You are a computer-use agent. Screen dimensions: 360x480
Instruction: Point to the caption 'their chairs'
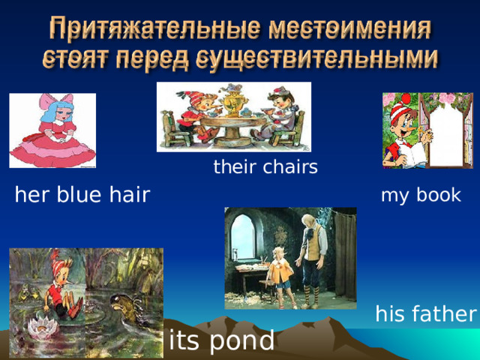[x=265, y=167]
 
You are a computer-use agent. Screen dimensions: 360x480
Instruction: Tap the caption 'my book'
[x=421, y=196]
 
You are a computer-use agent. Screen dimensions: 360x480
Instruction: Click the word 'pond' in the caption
[x=241, y=341]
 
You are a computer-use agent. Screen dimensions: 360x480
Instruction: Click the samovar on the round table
[x=228, y=105]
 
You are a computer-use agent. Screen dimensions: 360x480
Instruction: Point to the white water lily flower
[x=37, y=325]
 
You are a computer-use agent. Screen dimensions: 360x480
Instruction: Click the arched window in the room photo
[x=244, y=232]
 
